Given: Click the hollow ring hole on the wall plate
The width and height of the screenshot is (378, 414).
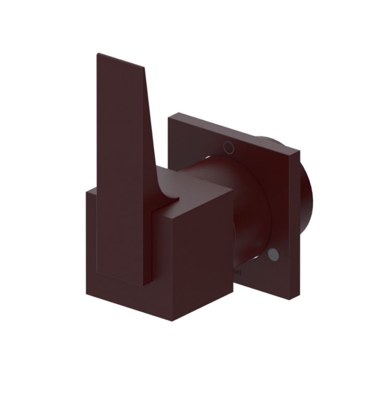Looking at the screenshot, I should click(229, 147).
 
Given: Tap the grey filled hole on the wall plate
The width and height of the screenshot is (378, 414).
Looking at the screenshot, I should click(273, 255).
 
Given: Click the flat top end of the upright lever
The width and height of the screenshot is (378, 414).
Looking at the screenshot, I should click(121, 61).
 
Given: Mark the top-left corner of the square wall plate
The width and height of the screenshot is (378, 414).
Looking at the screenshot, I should click(169, 117).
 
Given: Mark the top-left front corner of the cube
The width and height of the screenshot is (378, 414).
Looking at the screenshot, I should click(87, 191).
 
